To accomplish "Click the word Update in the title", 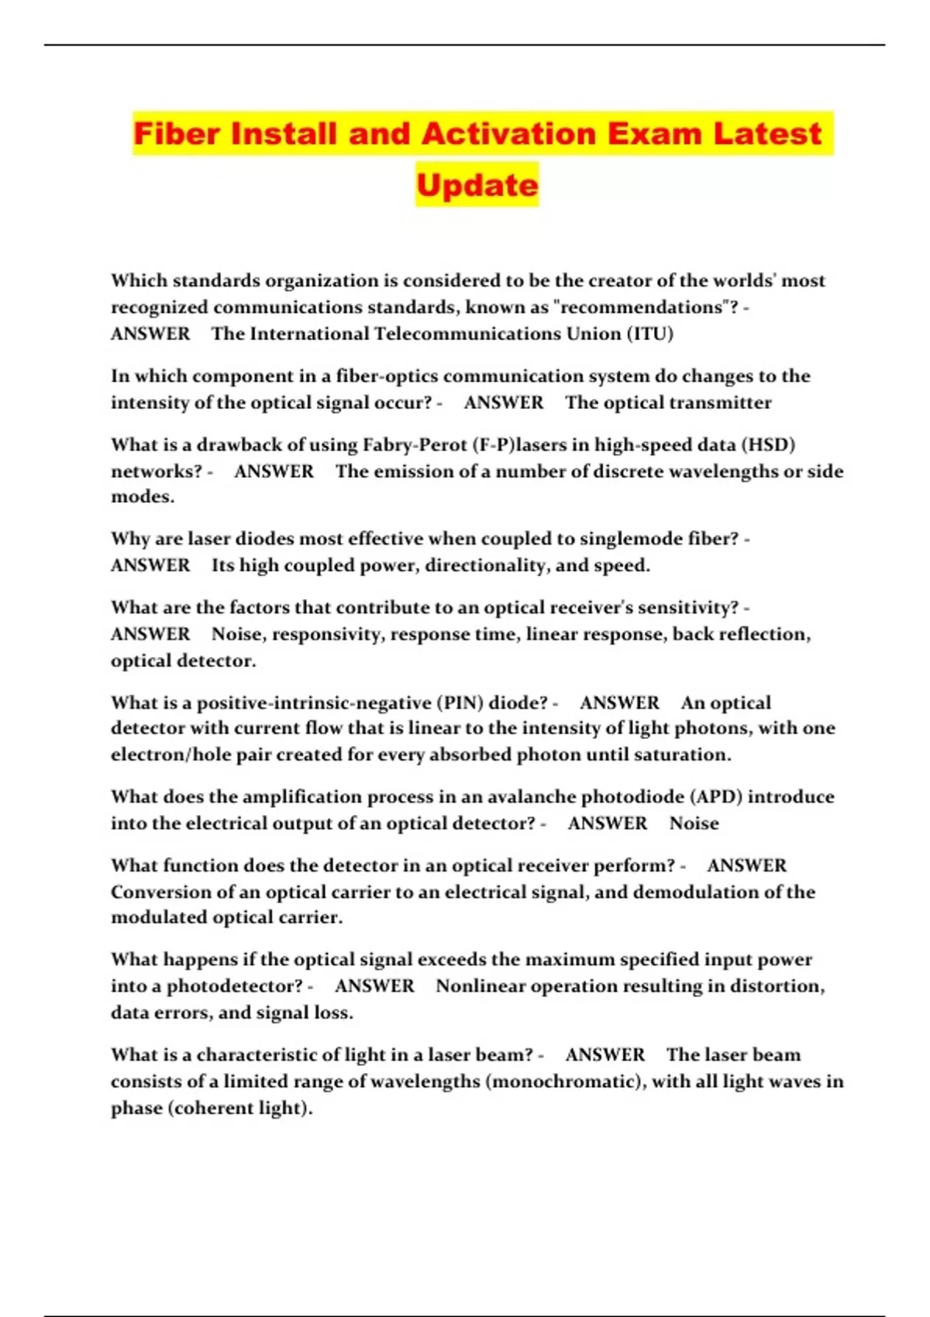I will [x=477, y=185].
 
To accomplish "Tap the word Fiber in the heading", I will [x=177, y=134].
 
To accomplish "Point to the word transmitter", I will [x=720, y=403].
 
